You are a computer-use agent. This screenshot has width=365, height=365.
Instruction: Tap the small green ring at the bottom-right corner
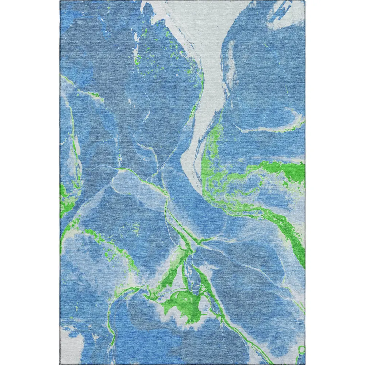(x=301, y=350)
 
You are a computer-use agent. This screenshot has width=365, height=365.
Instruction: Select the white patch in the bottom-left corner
(x=71, y=341)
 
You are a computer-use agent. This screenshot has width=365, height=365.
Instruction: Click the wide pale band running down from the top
(x=212, y=73)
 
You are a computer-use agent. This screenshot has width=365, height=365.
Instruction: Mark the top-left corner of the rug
(x=60, y=1)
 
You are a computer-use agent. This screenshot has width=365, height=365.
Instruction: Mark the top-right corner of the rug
(x=305, y=1)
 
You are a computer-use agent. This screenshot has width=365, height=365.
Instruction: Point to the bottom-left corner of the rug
(x=60, y=364)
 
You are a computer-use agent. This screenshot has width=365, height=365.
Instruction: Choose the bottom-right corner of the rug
(x=305, y=364)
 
